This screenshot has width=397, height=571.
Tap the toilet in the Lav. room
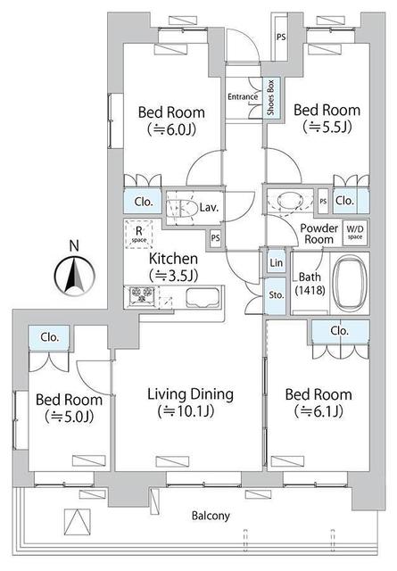[x=181, y=208]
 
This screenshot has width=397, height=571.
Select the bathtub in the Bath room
[x=350, y=283]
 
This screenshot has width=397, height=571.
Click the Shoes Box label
[x=270, y=97]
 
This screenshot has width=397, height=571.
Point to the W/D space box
[x=355, y=232]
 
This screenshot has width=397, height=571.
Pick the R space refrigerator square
[x=139, y=234]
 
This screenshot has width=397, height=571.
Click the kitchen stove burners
[x=142, y=294]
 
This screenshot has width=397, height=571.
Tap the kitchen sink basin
[x=203, y=298]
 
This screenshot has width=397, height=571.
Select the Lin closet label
[x=276, y=262]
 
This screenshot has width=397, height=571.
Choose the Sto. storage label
[x=277, y=295]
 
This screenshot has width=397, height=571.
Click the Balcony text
[x=211, y=516]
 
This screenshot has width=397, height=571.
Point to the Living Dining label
[x=191, y=394]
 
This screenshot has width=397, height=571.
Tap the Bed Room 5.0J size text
[x=70, y=417]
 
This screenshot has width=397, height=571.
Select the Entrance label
[x=243, y=97]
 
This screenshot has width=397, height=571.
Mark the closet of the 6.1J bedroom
[x=340, y=331]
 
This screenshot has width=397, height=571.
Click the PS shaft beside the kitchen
[x=216, y=238]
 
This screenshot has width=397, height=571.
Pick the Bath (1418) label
[x=310, y=284]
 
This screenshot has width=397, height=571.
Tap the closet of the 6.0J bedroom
[x=143, y=202]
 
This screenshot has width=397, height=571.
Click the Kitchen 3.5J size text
[x=174, y=276]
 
